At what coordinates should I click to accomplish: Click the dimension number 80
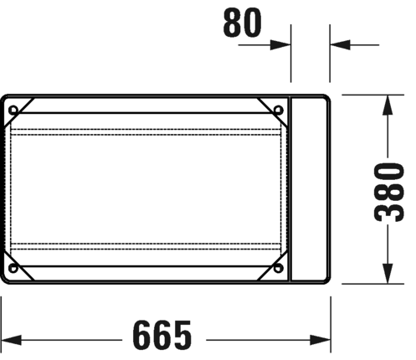243,23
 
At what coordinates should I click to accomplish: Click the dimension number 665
162,335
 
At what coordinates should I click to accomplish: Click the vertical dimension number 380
389,193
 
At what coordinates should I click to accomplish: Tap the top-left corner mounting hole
13,111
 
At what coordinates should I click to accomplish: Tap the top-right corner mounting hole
278,110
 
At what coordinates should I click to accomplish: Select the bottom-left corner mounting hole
13,268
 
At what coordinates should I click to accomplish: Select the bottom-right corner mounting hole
278,268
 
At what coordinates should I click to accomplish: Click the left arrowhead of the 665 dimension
11,340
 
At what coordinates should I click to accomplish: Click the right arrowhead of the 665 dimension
321,340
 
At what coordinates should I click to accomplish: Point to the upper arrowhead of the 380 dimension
388,105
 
